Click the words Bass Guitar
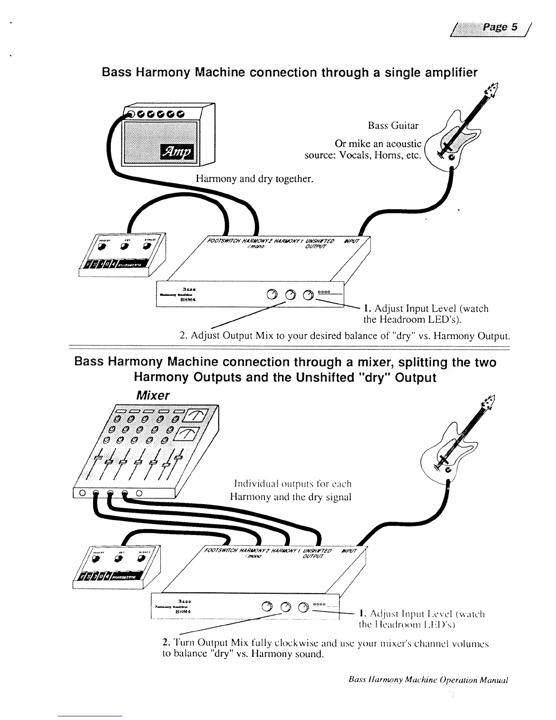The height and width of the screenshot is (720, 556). click(393, 125)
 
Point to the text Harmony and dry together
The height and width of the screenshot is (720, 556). click(254, 179)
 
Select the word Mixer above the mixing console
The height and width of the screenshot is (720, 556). click(154, 395)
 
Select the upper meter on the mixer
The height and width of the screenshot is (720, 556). click(198, 415)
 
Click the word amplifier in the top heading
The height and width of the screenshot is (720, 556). click(439, 73)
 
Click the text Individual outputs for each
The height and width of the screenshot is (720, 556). click(293, 483)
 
